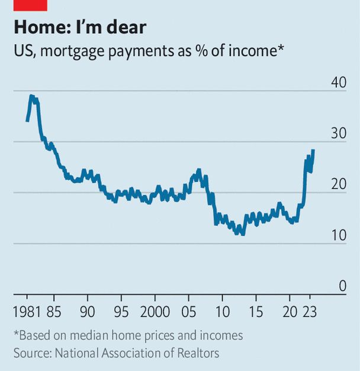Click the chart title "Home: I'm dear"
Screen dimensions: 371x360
pyautogui.click(x=80, y=27)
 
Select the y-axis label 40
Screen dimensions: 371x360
pyautogui.click(x=339, y=82)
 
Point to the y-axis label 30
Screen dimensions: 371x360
pyautogui.click(x=339, y=134)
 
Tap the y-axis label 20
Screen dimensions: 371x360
pyautogui.click(x=339, y=185)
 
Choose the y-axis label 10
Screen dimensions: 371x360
pyautogui.click(x=339, y=236)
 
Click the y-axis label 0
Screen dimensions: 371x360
pyautogui.click(x=342, y=286)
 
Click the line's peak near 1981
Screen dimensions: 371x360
pyautogui.click(x=31, y=96)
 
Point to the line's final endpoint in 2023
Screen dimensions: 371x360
pyautogui.click(x=313, y=151)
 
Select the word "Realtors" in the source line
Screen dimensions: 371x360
pyautogui.click(x=198, y=353)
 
